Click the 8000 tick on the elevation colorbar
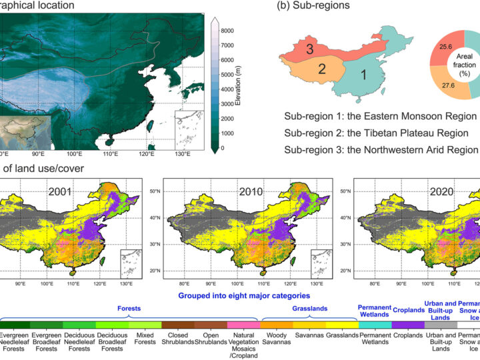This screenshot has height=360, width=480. (x=227, y=31)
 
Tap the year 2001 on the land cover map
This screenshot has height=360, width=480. (x=61, y=193)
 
